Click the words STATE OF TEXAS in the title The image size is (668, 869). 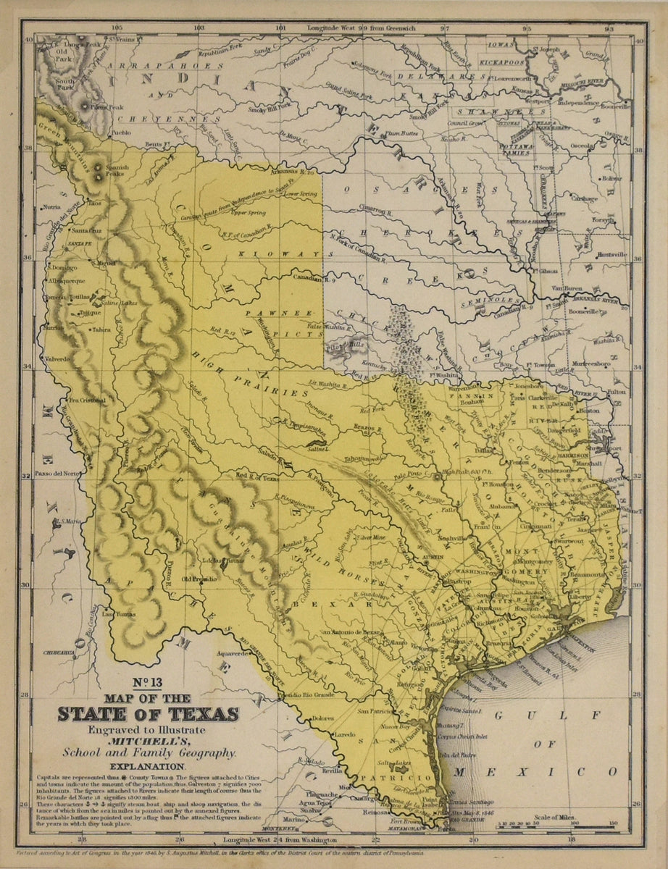pyautogui.click(x=148, y=715)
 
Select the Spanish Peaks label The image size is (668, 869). pyautogui.click(x=117, y=171)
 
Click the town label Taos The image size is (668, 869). pyautogui.click(x=95, y=203)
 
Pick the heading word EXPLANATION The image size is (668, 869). pyautogui.click(x=148, y=766)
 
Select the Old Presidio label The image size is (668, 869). pyautogui.click(x=199, y=579)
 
